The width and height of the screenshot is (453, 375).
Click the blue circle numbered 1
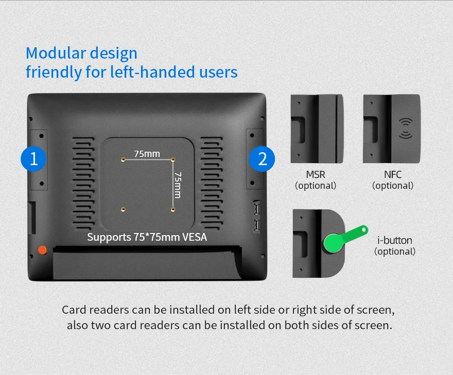(33, 158)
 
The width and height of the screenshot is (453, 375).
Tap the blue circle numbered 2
(262, 158)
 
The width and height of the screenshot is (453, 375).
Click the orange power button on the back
(42, 250)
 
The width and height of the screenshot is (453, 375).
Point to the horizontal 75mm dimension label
(147, 153)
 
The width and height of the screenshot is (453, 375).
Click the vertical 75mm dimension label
(178, 184)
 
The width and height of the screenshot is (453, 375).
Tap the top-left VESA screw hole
(123, 159)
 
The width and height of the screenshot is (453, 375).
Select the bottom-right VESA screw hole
(173, 209)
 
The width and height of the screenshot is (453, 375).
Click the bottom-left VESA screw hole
(123, 209)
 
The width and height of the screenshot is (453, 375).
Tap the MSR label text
(316, 175)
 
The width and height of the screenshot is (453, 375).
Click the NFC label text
(392, 175)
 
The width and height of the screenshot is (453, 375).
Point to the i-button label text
(395, 240)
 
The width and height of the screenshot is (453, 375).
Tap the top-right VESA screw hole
(173, 159)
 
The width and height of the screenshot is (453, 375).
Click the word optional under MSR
(316, 186)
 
